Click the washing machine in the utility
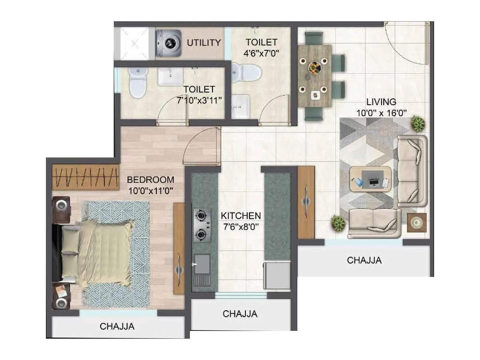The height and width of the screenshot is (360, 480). [x=169, y=43]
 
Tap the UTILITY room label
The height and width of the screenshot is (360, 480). [x=204, y=43]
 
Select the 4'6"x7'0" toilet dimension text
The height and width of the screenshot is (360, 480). [x=261, y=53]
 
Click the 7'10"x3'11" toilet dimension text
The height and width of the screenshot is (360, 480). [x=199, y=100]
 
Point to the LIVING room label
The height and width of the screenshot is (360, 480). [x=381, y=102]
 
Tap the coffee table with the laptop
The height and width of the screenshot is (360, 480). [x=370, y=179]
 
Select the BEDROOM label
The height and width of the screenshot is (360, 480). [x=150, y=180]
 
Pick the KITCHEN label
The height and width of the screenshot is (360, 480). [x=241, y=216]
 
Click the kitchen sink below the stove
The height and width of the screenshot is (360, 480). [x=202, y=264]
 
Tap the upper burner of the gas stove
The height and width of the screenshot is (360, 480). [x=201, y=215]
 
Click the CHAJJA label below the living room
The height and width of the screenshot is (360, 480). [x=364, y=260]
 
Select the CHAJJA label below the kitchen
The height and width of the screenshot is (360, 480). [x=240, y=314]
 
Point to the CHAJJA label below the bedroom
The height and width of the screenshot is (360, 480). [x=117, y=326]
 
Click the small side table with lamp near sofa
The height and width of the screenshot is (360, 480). [x=417, y=222]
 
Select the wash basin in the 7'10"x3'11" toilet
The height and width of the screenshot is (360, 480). [x=170, y=76]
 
